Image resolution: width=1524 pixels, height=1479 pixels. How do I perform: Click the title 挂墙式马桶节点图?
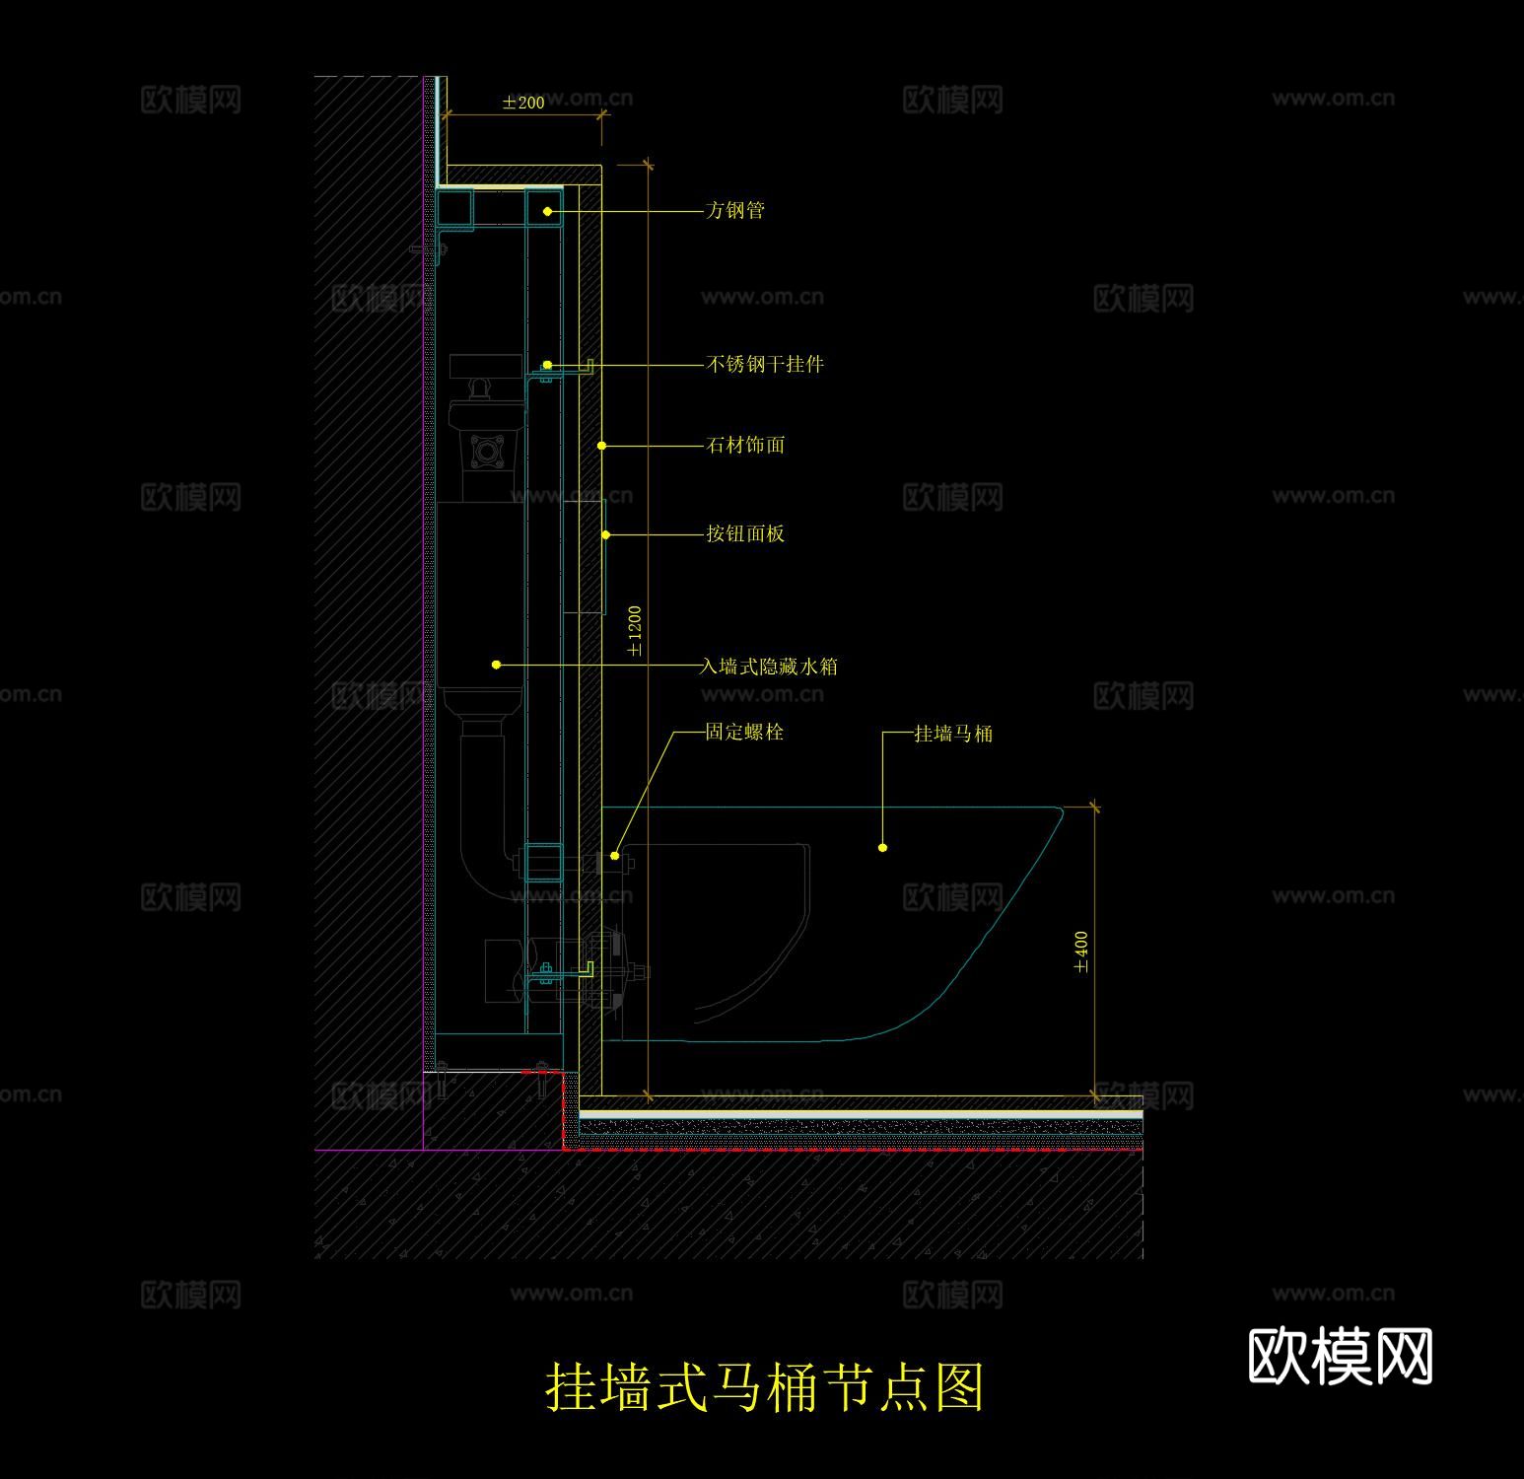[x=764, y=1386]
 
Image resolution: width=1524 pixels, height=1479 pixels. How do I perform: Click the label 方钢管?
[x=735, y=210]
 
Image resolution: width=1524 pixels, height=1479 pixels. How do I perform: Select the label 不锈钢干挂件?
[x=765, y=364]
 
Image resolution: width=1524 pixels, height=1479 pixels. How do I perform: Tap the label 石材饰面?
[x=745, y=445]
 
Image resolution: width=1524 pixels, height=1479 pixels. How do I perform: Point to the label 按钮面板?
[x=745, y=533]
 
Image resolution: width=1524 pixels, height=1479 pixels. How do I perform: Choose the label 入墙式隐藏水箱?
[x=769, y=667]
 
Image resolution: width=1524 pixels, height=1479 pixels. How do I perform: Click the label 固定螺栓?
[x=744, y=732]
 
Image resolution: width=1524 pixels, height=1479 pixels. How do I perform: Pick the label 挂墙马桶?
[x=953, y=734]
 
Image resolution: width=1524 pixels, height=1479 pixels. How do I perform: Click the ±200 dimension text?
[x=522, y=103]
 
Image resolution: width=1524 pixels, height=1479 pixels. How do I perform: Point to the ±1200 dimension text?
[x=635, y=632]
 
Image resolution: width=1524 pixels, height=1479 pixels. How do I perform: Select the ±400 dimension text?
[x=1081, y=952]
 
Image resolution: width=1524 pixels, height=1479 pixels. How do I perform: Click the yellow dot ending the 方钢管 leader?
[x=547, y=211]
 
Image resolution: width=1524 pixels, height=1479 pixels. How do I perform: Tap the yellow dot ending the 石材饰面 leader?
[x=602, y=446]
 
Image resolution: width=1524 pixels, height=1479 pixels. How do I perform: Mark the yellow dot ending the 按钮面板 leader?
[x=606, y=535]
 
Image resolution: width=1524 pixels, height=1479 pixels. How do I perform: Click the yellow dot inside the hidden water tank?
[x=496, y=666]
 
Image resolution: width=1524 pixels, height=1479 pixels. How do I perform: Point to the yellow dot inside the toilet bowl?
[x=882, y=847]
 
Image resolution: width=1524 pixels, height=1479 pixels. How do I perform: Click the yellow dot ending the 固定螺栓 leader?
[x=615, y=856]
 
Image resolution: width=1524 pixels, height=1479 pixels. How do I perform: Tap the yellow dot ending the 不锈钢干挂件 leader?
[x=547, y=365]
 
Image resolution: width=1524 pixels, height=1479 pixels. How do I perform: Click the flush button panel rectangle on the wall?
[x=584, y=556]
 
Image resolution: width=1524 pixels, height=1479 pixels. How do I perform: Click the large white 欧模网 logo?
[x=1340, y=1356]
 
